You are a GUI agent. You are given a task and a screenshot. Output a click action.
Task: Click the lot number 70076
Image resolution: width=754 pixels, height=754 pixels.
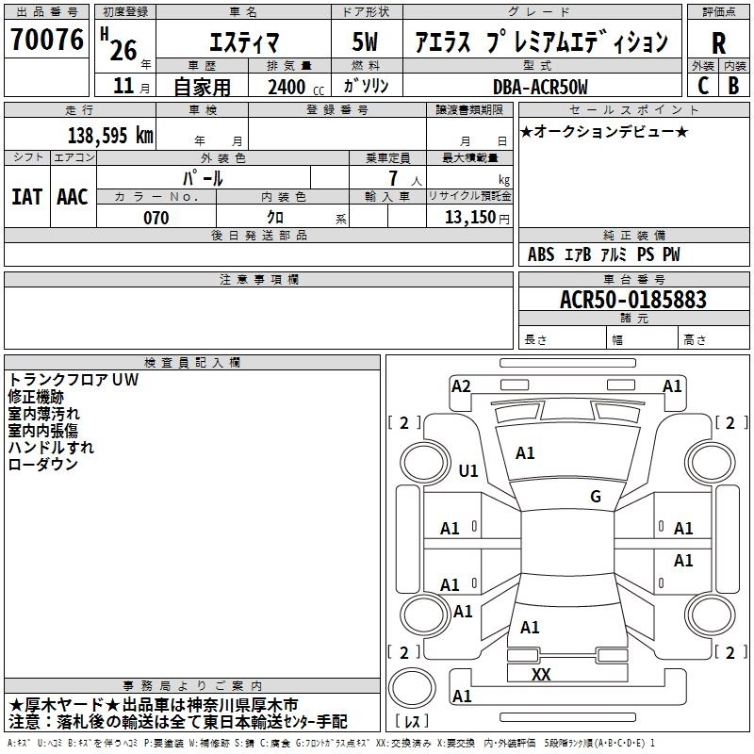[x=47, y=39]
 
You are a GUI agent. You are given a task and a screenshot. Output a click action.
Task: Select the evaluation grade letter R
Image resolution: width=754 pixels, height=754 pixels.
[x=718, y=43]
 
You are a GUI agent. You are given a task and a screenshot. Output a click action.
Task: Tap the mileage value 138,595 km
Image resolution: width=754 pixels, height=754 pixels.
[x=110, y=136]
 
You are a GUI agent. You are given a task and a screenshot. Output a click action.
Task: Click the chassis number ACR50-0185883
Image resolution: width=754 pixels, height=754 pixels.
[x=633, y=300]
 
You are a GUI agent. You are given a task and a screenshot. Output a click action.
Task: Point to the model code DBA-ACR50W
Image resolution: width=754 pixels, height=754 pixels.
[x=540, y=87]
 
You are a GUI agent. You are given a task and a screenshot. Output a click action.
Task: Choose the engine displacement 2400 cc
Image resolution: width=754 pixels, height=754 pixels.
[x=296, y=88]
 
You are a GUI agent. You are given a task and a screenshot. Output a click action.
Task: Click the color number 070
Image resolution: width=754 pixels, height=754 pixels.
[x=156, y=218]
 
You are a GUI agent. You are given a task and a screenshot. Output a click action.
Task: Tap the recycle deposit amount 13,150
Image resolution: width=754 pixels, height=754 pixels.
[x=469, y=218]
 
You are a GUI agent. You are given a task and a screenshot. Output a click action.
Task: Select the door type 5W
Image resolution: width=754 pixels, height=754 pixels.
[x=365, y=41]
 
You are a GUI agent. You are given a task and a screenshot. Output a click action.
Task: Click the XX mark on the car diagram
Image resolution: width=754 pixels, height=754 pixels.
[x=540, y=674]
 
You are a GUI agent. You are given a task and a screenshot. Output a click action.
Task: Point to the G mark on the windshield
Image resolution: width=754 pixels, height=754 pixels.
[x=596, y=497]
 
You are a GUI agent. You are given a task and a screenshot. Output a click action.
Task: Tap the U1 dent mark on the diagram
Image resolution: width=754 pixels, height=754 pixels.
[x=468, y=470]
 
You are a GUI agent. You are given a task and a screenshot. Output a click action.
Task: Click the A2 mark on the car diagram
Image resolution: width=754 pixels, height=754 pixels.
[x=461, y=386]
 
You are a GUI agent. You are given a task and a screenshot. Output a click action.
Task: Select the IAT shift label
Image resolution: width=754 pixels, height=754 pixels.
[x=27, y=197]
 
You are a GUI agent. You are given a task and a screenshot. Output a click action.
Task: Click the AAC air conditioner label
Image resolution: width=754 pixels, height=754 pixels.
[x=73, y=197]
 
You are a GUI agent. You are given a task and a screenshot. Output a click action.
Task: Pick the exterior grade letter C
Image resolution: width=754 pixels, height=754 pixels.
[x=702, y=86]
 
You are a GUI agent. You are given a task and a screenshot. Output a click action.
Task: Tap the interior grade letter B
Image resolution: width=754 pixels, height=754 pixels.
[x=734, y=86]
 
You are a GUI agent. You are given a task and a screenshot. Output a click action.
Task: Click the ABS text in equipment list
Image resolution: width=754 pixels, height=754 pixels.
[x=541, y=254]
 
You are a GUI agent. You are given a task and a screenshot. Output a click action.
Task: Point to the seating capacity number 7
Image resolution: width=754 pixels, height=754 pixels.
[x=394, y=178]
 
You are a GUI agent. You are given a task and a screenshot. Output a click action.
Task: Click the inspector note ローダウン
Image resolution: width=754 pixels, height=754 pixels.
[x=42, y=465]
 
